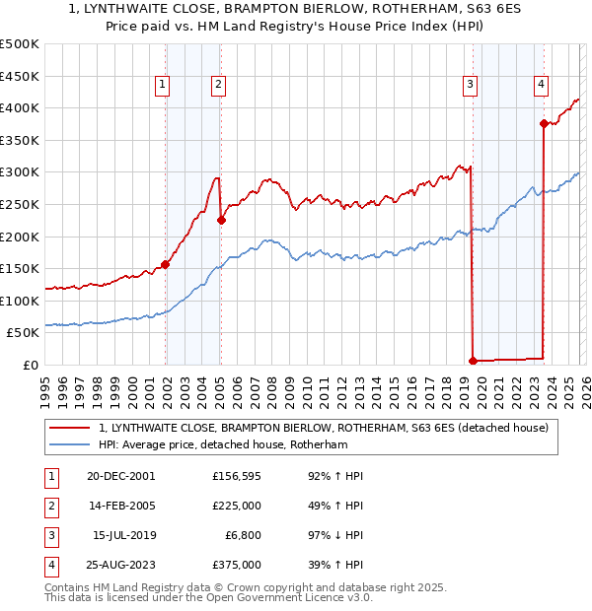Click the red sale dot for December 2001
pos(166,264)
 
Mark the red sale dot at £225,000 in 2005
pos(221,220)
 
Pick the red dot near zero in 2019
pos(474,360)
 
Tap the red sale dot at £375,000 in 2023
pos(544,123)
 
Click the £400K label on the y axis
pos(20,107)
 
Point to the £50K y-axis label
pos(24,333)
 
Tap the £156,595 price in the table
pos(237,476)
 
